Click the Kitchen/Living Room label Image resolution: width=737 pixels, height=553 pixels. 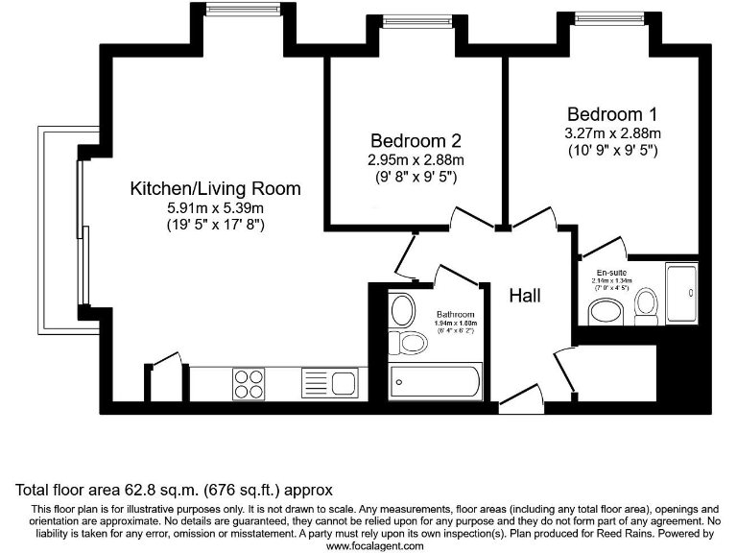pos(215,188)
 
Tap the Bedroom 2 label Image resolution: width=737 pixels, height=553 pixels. pos(416,141)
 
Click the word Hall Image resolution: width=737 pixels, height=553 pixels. pos(525,296)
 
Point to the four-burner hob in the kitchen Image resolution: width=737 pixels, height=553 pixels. pos(249,384)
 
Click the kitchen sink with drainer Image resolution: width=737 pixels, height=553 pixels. pos(328,383)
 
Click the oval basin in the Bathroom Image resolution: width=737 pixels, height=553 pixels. pos(402,310)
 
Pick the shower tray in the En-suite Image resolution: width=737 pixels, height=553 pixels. pos(681,294)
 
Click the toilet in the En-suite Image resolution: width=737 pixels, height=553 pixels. pos(646,305)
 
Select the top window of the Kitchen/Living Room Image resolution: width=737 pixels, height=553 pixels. pos(229,10)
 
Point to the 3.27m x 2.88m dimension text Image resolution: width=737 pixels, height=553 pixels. pos(612,132)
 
